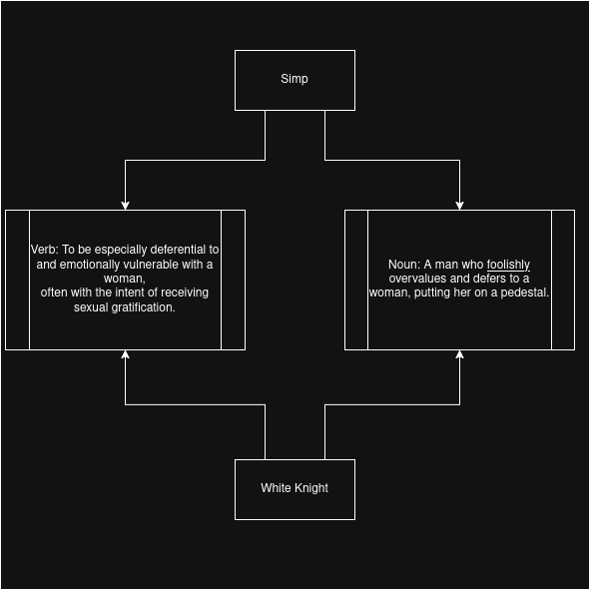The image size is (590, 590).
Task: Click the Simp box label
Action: (x=295, y=79)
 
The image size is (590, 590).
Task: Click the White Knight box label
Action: (x=295, y=488)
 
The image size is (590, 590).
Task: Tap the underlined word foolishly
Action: (x=508, y=265)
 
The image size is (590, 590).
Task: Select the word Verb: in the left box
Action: (x=44, y=250)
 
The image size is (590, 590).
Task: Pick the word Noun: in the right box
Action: (x=404, y=265)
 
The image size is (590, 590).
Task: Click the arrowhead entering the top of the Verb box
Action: (x=126, y=206)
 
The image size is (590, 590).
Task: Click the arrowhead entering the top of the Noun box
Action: (x=459, y=206)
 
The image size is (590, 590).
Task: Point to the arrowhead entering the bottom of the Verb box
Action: (x=126, y=354)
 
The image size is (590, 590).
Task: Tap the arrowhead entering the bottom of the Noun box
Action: (x=459, y=354)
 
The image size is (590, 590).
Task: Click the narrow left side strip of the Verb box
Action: (x=17, y=280)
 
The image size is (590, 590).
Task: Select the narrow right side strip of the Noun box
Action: (x=563, y=280)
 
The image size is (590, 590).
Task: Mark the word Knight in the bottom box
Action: (x=310, y=488)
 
